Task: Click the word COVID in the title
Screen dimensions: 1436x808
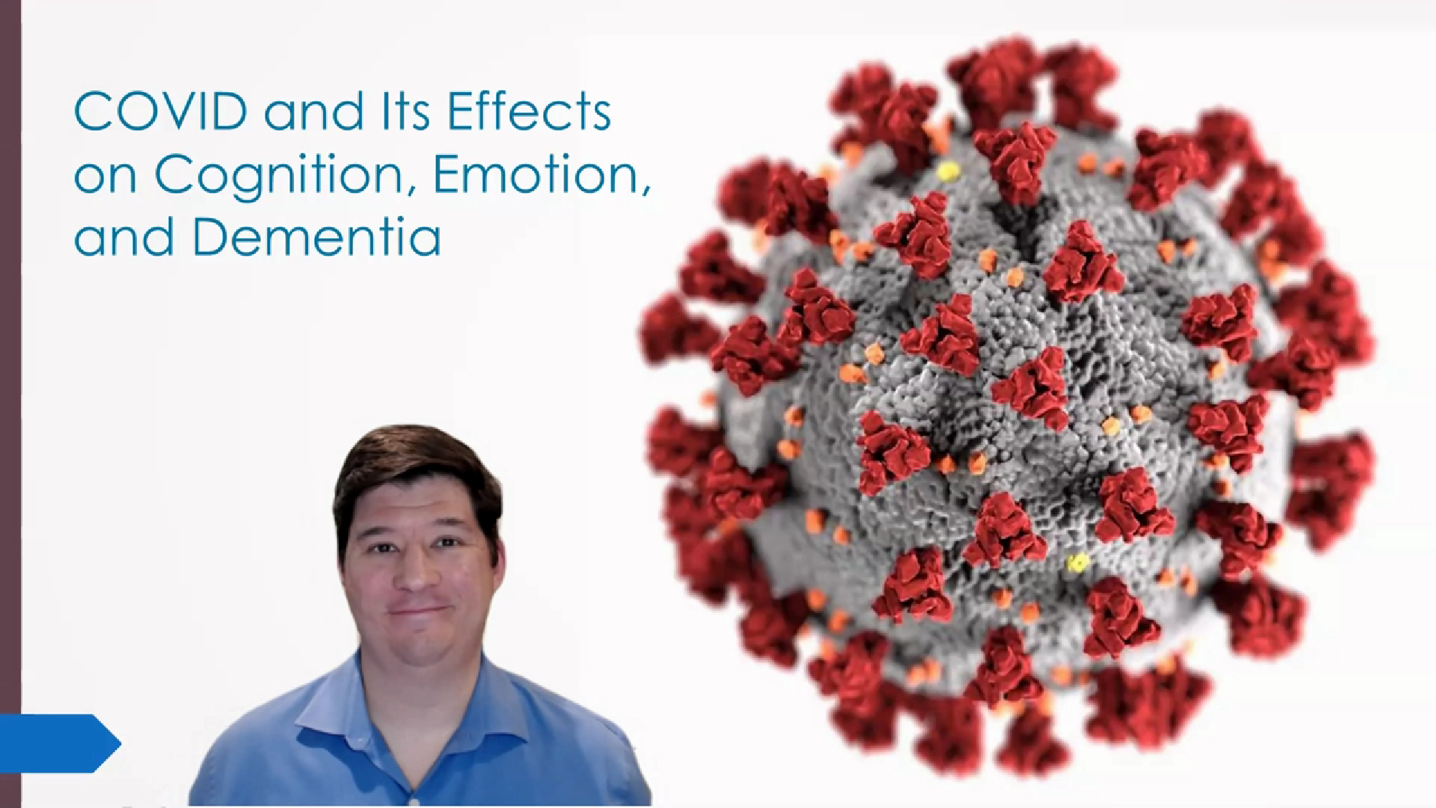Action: click(x=161, y=112)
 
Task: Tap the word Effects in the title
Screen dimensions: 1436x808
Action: click(x=529, y=112)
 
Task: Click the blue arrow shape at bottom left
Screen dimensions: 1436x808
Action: click(x=60, y=743)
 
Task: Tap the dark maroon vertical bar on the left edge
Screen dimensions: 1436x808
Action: click(x=10, y=404)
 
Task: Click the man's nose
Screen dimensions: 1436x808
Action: click(x=417, y=572)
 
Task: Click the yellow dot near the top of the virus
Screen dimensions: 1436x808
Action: click(x=949, y=173)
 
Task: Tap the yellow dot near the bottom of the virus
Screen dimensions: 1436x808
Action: click(x=1077, y=563)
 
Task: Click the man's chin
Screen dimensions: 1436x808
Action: click(x=423, y=651)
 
